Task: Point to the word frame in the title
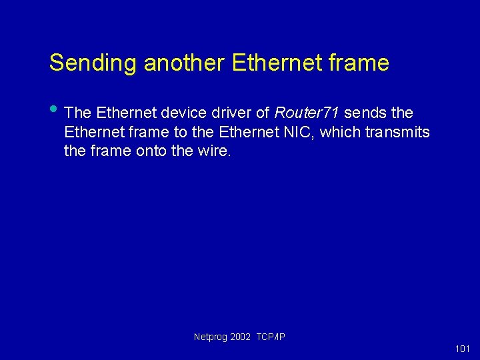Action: pos(361,63)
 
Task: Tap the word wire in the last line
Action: pos(213,151)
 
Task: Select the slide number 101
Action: pos(462,349)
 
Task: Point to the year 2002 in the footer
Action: pos(241,337)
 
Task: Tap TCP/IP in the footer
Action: pos(271,337)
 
